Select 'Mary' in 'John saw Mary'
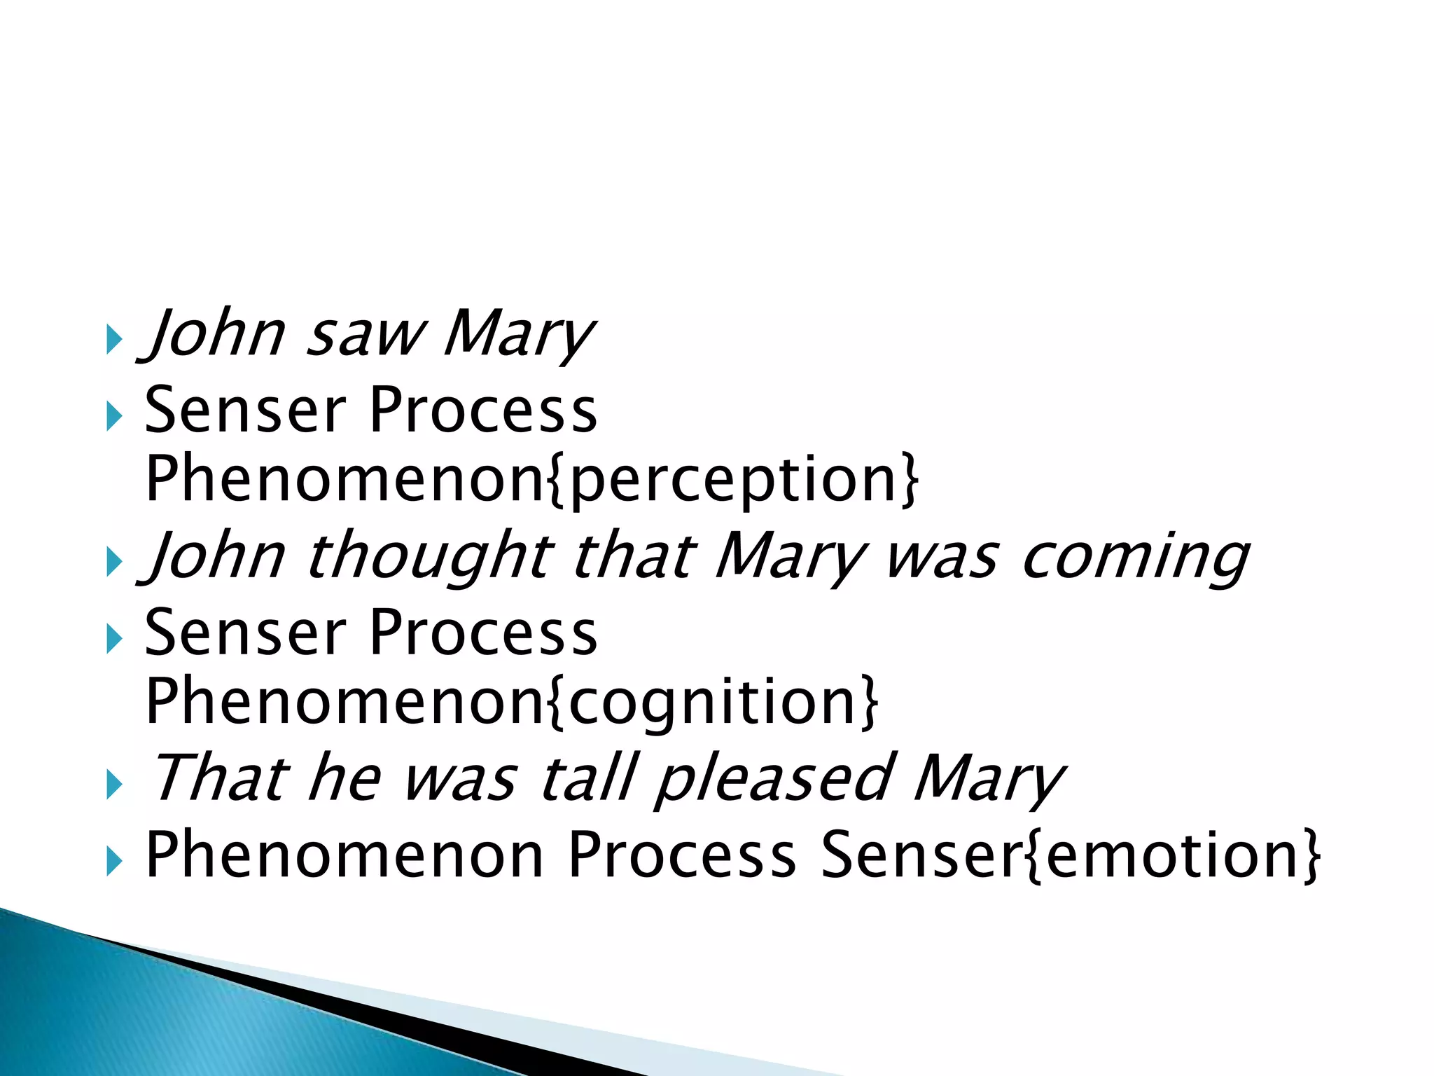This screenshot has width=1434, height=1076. (518, 336)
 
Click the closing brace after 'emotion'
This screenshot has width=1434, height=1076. (1311, 856)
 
